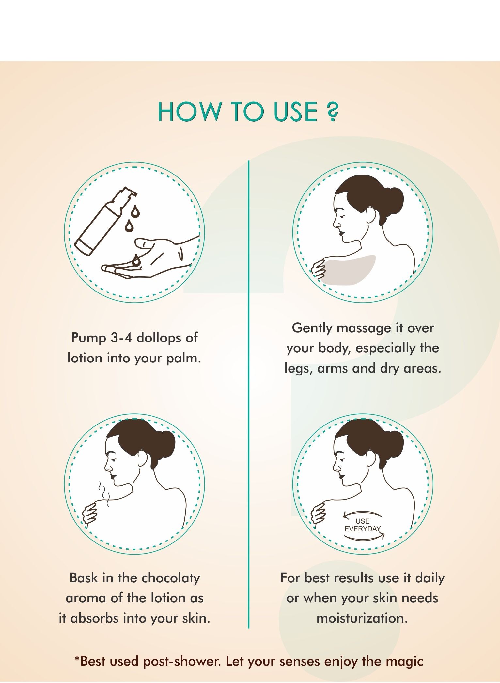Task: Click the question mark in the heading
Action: (332, 112)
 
